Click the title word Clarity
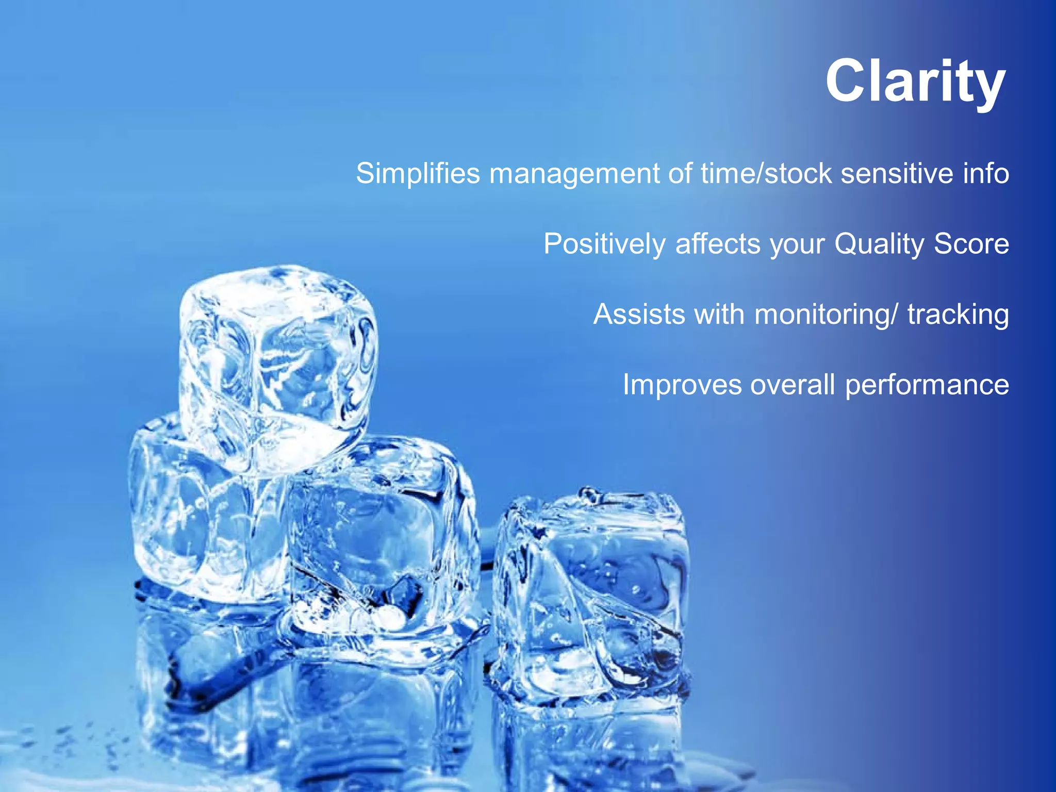click(x=915, y=82)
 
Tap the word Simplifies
click(x=418, y=173)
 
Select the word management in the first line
click(x=574, y=174)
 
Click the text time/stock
click(x=766, y=173)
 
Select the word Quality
click(x=879, y=244)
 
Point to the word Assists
click(x=639, y=314)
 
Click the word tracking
click(x=958, y=315)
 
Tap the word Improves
click(x=682, y=385)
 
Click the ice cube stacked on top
click(x=278, y=361)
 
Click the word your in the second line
click(x=797, y=245)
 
